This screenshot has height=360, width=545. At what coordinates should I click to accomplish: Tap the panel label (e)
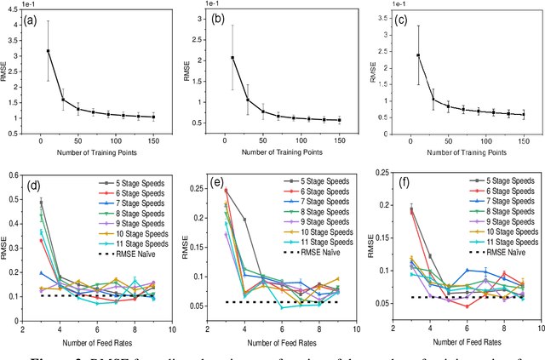click(x=215, y=184)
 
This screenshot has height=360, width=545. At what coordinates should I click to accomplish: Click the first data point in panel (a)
click(x=48, y=51)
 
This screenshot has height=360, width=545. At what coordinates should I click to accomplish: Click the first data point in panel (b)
click(x=232, y=58)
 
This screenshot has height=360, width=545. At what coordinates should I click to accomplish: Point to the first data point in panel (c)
click(x=417, y=55)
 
